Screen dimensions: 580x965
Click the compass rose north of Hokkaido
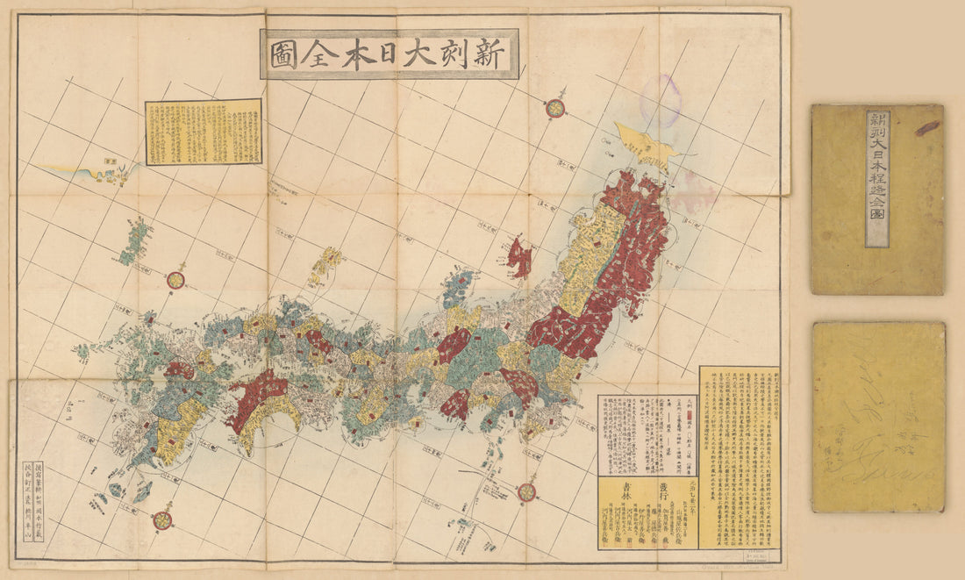click(x=554, y=108)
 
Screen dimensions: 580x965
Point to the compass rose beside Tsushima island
click(x=175, y=280)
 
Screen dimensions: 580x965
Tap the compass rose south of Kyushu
click(x=162, y=520)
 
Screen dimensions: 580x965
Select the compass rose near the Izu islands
click(x=526, y=492)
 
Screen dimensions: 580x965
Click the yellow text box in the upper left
click(x=203, y=132)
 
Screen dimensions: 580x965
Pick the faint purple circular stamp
click(x=661, y=98)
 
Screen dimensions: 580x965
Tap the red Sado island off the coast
click(x=519, y=258)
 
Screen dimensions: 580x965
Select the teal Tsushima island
click(x=137, y=241)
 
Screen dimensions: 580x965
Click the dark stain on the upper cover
click(x=928, y=128)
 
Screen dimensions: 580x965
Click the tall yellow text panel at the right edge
click(x=739, y=456)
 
